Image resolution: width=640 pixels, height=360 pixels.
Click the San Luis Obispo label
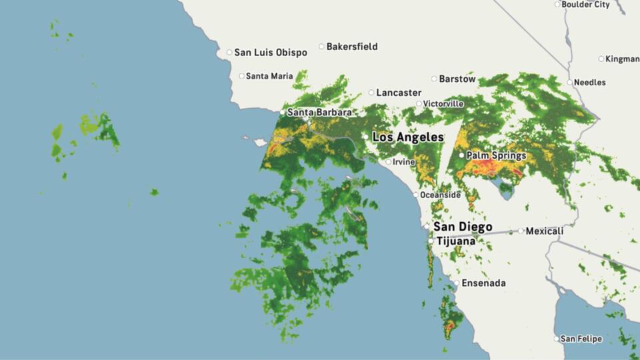tap(271, 52)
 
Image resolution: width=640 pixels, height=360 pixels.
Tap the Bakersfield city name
tap(352, 47)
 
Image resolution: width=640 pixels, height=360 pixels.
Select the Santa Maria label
tap(269, 76)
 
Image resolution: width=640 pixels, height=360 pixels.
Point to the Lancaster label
tap(399, 93)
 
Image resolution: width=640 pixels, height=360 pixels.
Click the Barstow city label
tap(457, 79)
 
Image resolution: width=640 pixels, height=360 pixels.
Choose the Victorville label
tap(444, 104)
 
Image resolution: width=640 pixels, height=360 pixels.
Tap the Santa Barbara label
tap(319, 113)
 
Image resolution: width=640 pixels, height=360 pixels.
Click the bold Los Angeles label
tap(407, 137)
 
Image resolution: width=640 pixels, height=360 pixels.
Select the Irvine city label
tap(404, 162)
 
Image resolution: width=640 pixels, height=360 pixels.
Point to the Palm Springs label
tap(496, 155)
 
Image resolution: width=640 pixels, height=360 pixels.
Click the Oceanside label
tap(440, 195)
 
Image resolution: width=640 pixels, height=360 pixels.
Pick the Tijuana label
tap(456, 241)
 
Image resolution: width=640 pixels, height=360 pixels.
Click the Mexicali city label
tap(545, 231)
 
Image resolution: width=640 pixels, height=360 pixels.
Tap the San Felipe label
tap(581, 339)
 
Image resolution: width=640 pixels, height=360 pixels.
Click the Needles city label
tap(591, 83)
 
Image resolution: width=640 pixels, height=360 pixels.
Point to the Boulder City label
tap(586, 5)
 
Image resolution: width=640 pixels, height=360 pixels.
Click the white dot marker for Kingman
tap(601, 59)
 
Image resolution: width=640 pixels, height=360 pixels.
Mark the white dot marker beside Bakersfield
tap(321, 47)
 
